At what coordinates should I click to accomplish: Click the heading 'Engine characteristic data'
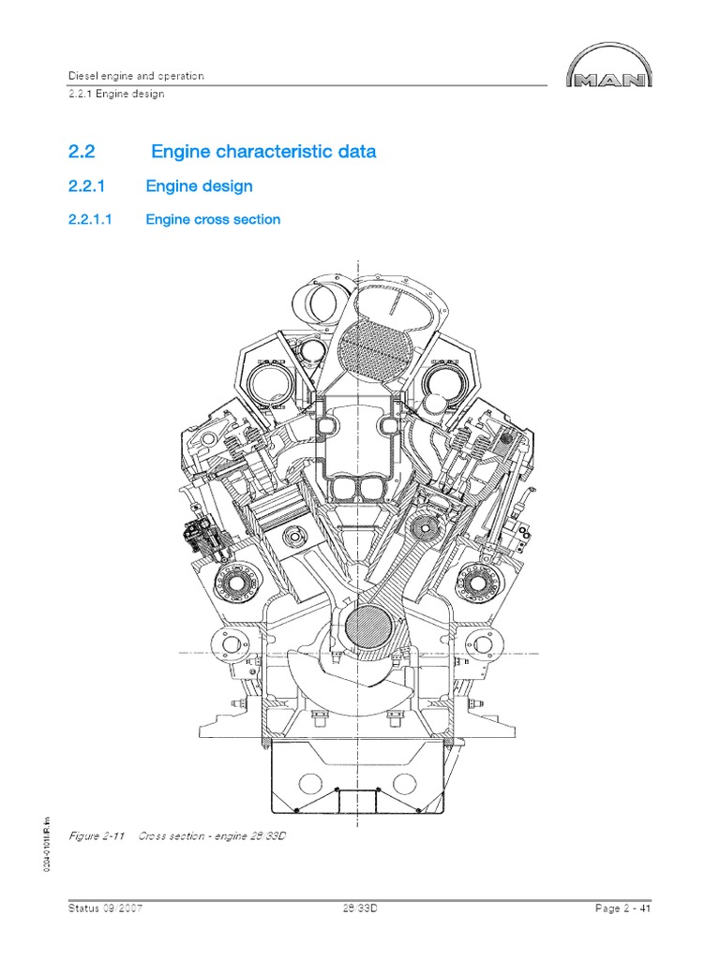coord(263,152)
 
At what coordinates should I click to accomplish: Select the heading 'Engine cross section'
coord(213,220)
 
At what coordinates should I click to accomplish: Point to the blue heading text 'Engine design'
coord(199,186)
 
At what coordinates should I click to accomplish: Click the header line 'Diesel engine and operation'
coord(136,76)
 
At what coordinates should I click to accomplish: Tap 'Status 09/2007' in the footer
coord(106,908)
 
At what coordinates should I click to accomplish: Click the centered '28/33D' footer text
coord(360,908)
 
